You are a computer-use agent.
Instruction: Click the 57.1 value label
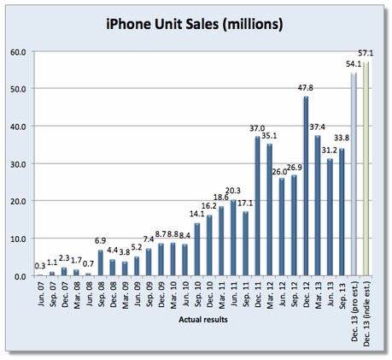[x=368, y=54]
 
